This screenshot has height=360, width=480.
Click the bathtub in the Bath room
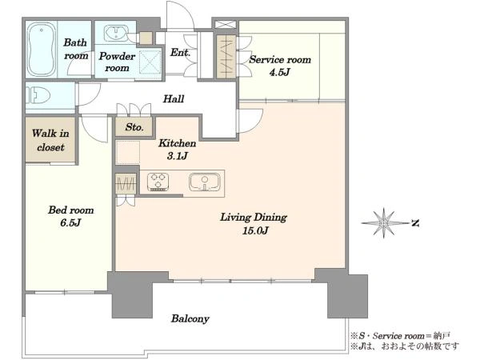point(42,50)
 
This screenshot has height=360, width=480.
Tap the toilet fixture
point(38,95)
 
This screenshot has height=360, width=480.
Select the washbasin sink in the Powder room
point(116,33)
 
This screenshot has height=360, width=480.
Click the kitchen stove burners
point(158,182)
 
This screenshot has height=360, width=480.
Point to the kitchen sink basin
point(205,182)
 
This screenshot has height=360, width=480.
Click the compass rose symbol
point(383,223)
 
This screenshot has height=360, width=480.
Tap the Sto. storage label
point(134,126)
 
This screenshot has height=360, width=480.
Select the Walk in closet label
point(50,140)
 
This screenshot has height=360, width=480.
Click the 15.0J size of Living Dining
point(255,230)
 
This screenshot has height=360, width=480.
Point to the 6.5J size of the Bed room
point(70,222)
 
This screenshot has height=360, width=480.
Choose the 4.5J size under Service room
point(279,72)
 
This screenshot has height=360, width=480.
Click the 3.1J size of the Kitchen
point(178,156)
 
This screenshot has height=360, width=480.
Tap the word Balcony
point(190,318)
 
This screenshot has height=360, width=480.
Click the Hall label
point(174,98)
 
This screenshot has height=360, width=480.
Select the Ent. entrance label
point(180,52)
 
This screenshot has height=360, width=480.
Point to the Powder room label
point(117,62)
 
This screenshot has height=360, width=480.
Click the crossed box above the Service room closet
point(226,25)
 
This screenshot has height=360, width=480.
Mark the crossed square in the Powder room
point(150,62)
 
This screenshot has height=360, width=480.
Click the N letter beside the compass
point(414,223)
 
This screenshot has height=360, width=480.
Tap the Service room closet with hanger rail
point(226,56)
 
